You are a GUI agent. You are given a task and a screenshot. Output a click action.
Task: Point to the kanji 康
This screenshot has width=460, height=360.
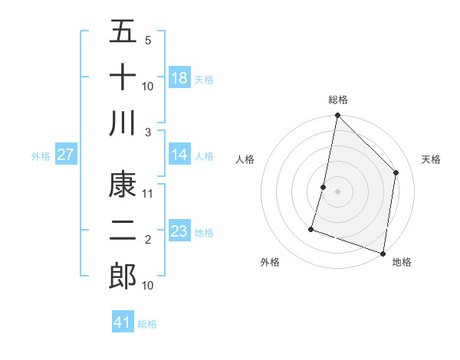(123, 184)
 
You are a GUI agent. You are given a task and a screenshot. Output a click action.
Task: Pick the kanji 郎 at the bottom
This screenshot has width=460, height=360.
(123, 276)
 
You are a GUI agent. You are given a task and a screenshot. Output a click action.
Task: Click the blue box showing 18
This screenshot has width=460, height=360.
(179, 78)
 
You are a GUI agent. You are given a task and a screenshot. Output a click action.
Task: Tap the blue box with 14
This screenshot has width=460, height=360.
(179, 155)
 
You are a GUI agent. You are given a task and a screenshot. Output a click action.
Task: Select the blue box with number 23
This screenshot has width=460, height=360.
(179, 231)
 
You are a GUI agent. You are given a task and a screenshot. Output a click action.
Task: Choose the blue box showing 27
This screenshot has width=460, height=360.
(66, 155)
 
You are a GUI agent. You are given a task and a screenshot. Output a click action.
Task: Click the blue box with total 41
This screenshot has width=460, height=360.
(123, 322)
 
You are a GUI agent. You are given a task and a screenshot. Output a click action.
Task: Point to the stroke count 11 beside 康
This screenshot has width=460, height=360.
(148, 193)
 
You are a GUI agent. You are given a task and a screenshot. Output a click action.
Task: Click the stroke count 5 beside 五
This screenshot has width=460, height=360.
(147, 40)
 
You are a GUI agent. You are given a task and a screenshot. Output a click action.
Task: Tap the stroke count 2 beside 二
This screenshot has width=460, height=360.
(147, 240)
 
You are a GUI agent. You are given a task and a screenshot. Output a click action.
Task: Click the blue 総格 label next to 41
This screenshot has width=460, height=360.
(147, 324)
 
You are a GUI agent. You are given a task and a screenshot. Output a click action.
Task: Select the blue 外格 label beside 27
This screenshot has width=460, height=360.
(41, 156)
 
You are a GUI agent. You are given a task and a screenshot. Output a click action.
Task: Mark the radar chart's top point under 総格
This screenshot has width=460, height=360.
(337, 116)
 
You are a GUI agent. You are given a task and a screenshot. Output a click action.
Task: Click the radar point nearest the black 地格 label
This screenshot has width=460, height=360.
(383, 253)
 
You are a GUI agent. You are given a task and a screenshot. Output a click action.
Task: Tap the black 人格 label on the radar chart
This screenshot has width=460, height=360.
(245, 159)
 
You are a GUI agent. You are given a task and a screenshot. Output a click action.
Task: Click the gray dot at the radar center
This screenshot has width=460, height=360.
(337, 191)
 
